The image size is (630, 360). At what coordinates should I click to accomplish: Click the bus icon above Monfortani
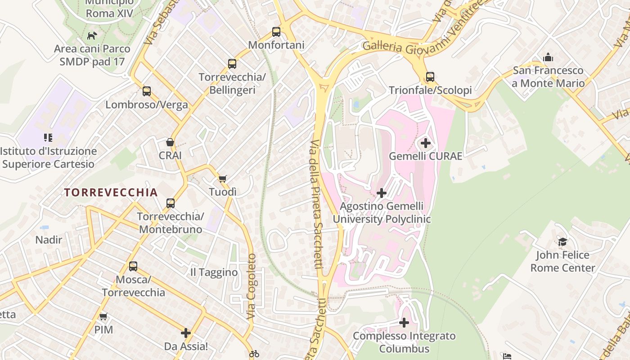[276, 32]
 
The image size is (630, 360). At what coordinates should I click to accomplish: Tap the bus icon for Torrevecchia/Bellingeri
[232, 64]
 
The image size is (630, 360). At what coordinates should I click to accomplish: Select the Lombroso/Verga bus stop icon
[147, 91]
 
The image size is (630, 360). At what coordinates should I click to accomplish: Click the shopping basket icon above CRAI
[170, 143]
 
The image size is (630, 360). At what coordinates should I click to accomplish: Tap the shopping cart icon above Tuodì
[222, 179]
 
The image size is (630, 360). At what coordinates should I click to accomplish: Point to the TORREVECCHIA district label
[111, 193]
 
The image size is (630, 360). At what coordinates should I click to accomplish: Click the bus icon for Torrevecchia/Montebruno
[171, 203]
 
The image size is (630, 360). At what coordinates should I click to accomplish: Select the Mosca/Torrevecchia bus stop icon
[133, 266]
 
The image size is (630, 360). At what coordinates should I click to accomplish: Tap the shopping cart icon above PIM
[103, 316]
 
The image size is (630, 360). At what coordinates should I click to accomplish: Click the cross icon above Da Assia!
[186, 333]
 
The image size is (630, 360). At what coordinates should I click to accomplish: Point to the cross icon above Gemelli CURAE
[425, 144]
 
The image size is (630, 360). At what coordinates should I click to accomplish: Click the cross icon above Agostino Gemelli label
[382, 193]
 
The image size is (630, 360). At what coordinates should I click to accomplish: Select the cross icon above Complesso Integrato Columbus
[404, 323]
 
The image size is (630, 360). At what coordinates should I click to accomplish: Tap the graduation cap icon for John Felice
[562, 242]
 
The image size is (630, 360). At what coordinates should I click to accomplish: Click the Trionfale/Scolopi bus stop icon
[430, 77]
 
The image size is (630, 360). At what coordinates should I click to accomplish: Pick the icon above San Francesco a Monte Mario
[548, 58]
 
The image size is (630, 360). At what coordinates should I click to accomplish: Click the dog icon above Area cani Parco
[92, 36]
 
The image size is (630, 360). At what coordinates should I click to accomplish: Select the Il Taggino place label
[214, 272]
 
